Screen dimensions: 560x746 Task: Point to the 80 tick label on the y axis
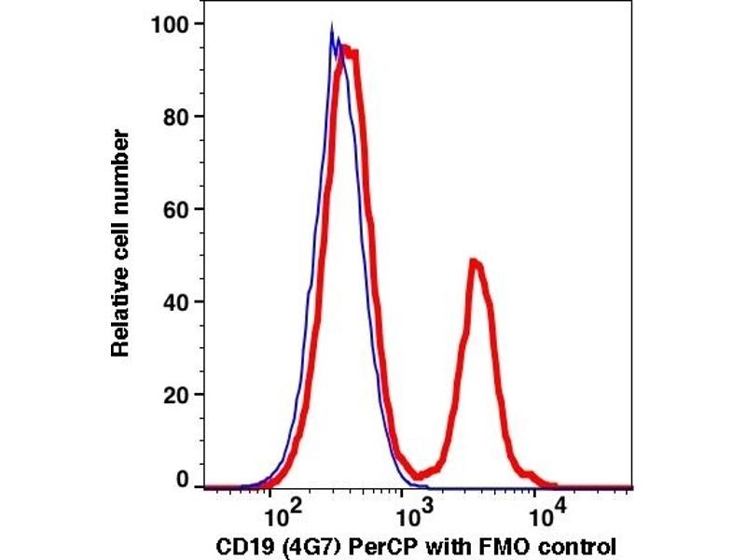click(x=174, y=117)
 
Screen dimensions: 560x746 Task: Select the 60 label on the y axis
click(x=174, y=209)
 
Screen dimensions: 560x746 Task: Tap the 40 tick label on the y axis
click(x=174, y=301)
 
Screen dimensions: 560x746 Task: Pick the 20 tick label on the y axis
click(x=174, y=394)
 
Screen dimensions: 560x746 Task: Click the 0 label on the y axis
click(x=182, y=480)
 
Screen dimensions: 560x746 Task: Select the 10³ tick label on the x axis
click(x=409, y=512)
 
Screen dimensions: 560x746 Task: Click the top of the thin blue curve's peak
click(x=332, y=32)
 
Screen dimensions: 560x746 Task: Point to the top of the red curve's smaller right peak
click(x=475, y=262)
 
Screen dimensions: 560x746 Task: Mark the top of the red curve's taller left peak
click(x=347, y=49)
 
